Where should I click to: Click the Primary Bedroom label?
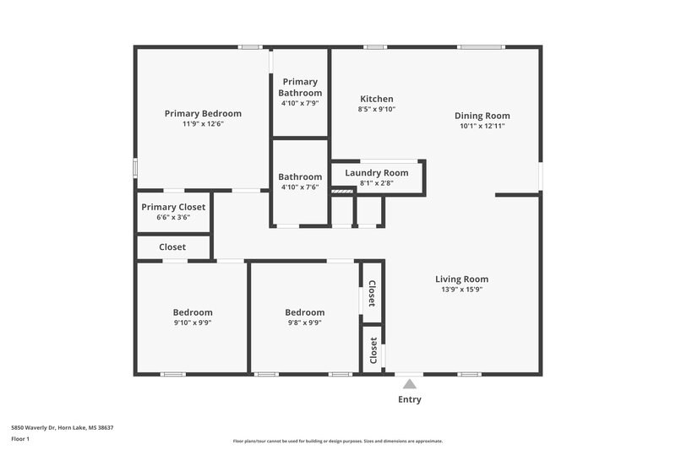pyautogui.click(x=203, y=114)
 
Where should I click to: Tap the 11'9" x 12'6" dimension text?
pyautogui.click(x=203, y=124)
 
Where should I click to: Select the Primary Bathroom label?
pyautogui.click(x=300, y=87)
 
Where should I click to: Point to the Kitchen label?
pyautogui.click(x=376, y=99)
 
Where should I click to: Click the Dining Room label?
pyautogui.click(x=482, y=116)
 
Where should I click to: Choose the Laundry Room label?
pyautogui.click(x=377, y=173)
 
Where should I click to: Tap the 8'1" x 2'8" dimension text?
pyautogui.click(x=377, y=182)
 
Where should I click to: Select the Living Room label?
pyautogui.click(x=461, y=279)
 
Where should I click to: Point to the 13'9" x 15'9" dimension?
pyautogui.click(x=461, y=290)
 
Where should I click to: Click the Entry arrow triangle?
pyautogui.click(x=410, y=384)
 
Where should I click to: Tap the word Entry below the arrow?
pyautogui.click(x=410, y=399)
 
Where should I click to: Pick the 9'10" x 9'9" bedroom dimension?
pyautogui.click(x=193, y=323)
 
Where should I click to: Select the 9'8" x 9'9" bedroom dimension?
pyautogui.click(x=304, y=323)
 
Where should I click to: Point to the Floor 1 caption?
pyautogui.click(x=21, y=439)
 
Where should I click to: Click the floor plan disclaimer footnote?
pyautogui.click(x=338, y=441)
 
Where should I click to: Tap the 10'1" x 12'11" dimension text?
pyautogui.click(x=482, y=126)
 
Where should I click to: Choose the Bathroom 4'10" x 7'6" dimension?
pyautogui.click(x=300, y=187)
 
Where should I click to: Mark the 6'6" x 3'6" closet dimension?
pyautogui.click(x=173, y=217)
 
